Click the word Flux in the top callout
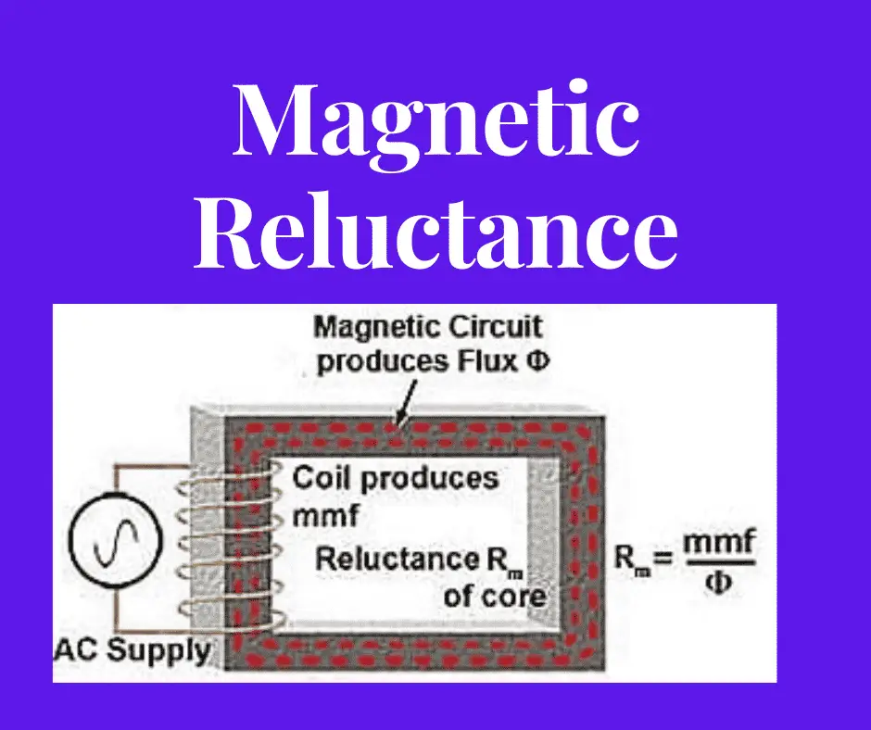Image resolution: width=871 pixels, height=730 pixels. click(490, 361)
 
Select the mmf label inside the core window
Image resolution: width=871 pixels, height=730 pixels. click(319, 514)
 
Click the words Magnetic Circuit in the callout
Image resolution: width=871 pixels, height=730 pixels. click(428, 327)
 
